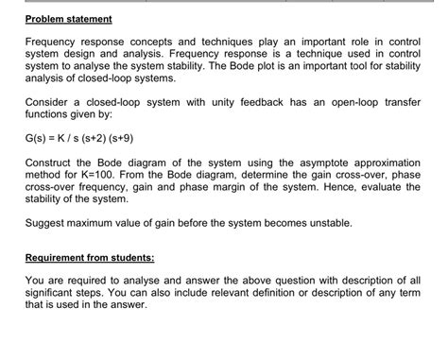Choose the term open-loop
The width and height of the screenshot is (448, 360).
(344, 99)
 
